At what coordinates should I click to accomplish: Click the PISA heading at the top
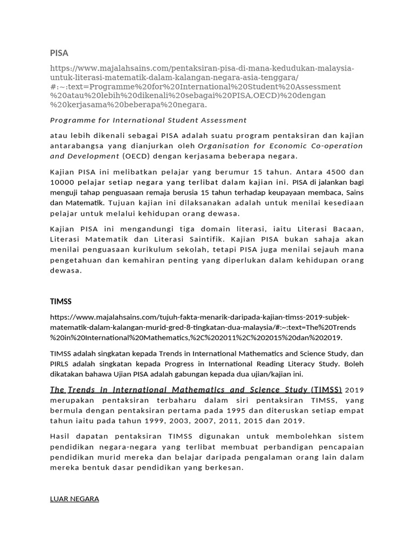click(x=59, y=53)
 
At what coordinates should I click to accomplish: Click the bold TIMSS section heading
click(x=60, y=301)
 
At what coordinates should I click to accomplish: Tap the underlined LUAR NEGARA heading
click(x=74, y=499)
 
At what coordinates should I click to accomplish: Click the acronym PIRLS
click(x=60, y=364)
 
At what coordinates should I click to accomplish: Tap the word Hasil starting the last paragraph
click(x=60, y=436)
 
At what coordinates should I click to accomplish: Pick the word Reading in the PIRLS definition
click(x=278, y=364)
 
